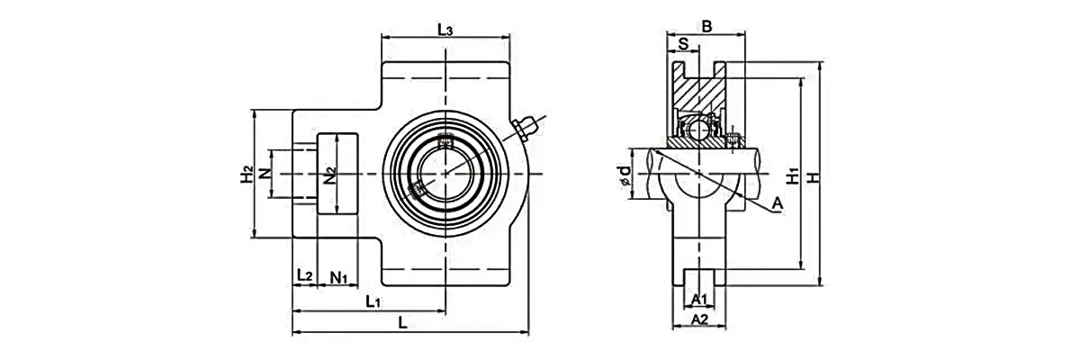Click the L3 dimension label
[x=445, y=30]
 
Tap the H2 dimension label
[x=247, y=174]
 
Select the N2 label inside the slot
[x=329, y=175]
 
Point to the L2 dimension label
[x=305, y=275]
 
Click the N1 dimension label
[x=339, y=277]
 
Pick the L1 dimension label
[x=373, y=302]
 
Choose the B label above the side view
[x=706, y=26]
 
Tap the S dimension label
[x=683, y=44]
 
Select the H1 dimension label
[x=792, y=175]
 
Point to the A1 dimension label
[x=699, y=300]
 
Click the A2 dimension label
[x=699, y=319]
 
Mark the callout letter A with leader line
[x=778, y=203]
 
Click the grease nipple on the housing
[x=525, y=128]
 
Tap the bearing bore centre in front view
[x=445, y=174]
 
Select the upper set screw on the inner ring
[x=445, y=141]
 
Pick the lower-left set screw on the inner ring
[x=417, y=189]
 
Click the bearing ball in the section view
[x=698, y=130]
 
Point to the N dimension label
[x=265, y=174]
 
